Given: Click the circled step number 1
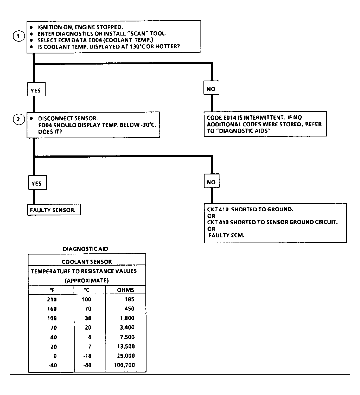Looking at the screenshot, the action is click(x=19, y=36).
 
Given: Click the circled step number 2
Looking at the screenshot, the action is click(x=19, y=119).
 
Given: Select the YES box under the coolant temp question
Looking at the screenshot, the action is click(x=36, y=89).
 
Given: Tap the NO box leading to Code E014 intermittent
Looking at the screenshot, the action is click(x=211, y=88).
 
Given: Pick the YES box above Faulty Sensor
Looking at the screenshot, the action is click(x=37, y=182).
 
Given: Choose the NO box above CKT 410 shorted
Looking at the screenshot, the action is click(x=212, y=181).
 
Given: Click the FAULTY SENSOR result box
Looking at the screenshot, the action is click(x=54, y=210).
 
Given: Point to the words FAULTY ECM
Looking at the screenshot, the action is click(x=226, y=235).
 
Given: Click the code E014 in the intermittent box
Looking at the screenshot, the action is click(x=230, y=117).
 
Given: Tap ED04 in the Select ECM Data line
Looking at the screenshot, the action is click(x=95, y=40).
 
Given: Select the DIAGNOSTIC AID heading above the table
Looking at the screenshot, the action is click(x=85, y=249).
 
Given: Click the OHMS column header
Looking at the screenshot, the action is click(x=125, y=290).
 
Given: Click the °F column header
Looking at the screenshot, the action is click(x=52, y=290).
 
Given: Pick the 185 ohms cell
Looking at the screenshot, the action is click(x=129, y=299).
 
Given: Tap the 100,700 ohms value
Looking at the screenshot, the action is click(x=124, y=365).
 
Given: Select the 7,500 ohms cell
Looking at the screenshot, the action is click(x=127, y=337).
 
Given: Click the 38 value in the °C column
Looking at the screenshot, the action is click(x=88, y=318).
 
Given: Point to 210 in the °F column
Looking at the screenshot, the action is click(x=52, y=300).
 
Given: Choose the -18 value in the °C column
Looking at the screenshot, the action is click(x=87, y=356).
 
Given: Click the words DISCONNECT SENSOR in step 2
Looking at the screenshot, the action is click(x=68, y=118).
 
